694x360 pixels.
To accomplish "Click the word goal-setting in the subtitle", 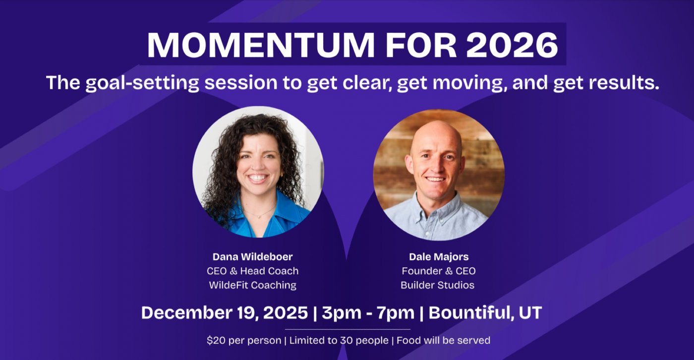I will point(142,82).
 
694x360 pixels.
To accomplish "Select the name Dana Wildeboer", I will point(252,257).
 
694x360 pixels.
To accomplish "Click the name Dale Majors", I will point(438,257).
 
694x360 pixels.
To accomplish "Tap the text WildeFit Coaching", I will point(252,285).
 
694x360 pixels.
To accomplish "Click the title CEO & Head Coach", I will point(252,271).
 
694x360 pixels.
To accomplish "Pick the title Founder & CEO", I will point(438,271).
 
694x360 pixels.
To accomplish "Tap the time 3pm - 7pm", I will point(368,313).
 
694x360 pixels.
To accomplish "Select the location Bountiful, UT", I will point(485,313).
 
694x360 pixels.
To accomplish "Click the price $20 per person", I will point(243,341).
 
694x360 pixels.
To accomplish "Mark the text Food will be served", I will point(443,341).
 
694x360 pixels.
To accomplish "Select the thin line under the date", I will point(347,329).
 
